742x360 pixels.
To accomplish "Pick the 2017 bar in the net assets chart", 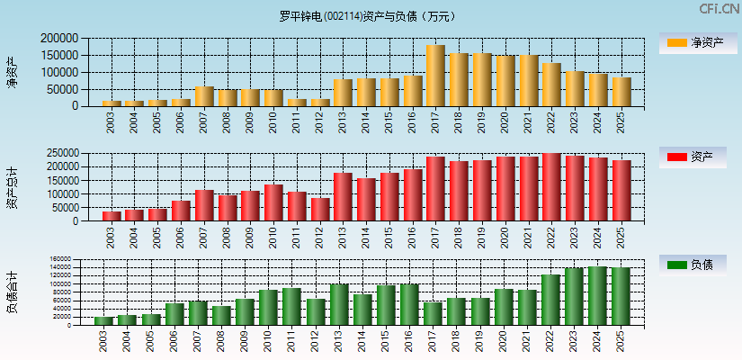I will [435, 76].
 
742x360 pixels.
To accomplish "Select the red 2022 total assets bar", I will [551, 187].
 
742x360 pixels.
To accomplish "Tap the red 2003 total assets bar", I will [112, 216].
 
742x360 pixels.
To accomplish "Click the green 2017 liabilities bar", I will [435, 313].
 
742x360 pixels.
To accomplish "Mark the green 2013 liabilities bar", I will [343, 305].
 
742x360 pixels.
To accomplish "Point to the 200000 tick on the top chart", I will [59, 39].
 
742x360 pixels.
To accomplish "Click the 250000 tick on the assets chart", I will [59, 154].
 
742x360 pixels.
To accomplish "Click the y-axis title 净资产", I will [12, 72].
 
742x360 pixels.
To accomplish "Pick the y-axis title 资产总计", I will [12, 187].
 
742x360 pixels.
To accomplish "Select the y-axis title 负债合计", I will [12, 292].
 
